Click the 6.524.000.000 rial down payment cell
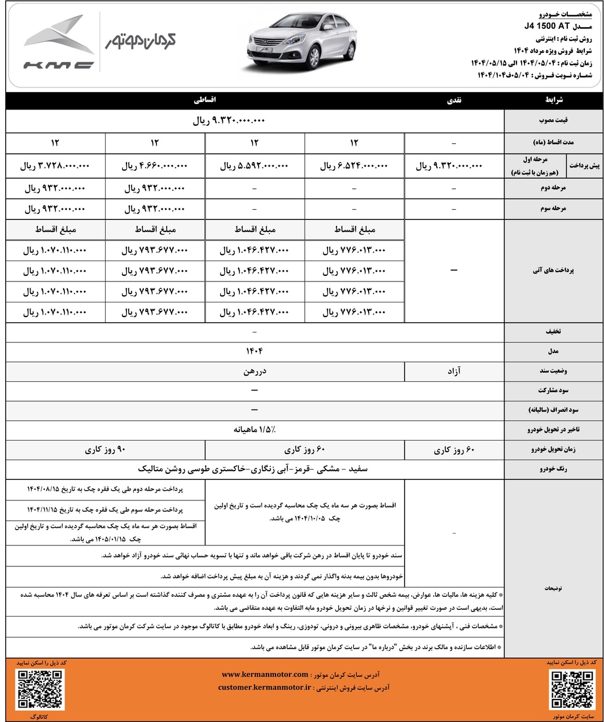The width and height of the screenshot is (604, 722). click(354, 166)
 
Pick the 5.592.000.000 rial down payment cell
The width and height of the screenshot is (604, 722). click(254, 166)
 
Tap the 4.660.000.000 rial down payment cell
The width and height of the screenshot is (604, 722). click(155, 166)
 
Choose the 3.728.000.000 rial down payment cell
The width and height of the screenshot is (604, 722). click(55, 166)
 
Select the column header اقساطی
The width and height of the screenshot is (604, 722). click(205, 100)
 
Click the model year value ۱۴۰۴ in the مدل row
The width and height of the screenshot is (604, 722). click(254, 351)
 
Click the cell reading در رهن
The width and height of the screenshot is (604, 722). click(254, 371)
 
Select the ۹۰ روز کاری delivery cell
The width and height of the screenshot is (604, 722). click(106, 450)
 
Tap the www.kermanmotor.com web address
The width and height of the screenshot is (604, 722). click(265, 675)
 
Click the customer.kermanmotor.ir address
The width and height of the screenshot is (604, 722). click(264, 688)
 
